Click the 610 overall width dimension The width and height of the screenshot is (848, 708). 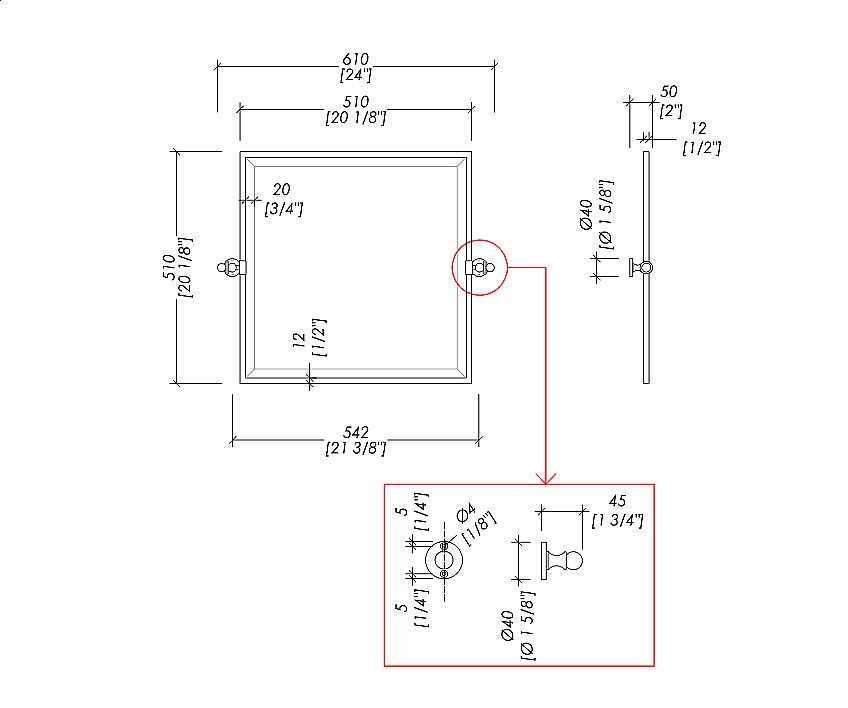(x=355, y=58)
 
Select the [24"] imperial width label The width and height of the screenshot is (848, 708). (x=355, y=75)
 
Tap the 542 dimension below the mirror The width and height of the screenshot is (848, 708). (x=355, y=432)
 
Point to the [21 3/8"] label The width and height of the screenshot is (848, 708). (x=355, y=448)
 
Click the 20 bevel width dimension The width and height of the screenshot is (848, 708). (x=281, y=189)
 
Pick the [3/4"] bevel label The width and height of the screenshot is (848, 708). (x=283, y=208)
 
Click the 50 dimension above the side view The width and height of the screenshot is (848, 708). (x=668, y=91)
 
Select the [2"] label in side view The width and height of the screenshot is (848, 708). (x=671, y=111)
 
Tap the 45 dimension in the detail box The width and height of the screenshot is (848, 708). (x=617, y=501)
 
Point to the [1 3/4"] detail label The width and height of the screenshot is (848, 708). (x=617, y=520)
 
